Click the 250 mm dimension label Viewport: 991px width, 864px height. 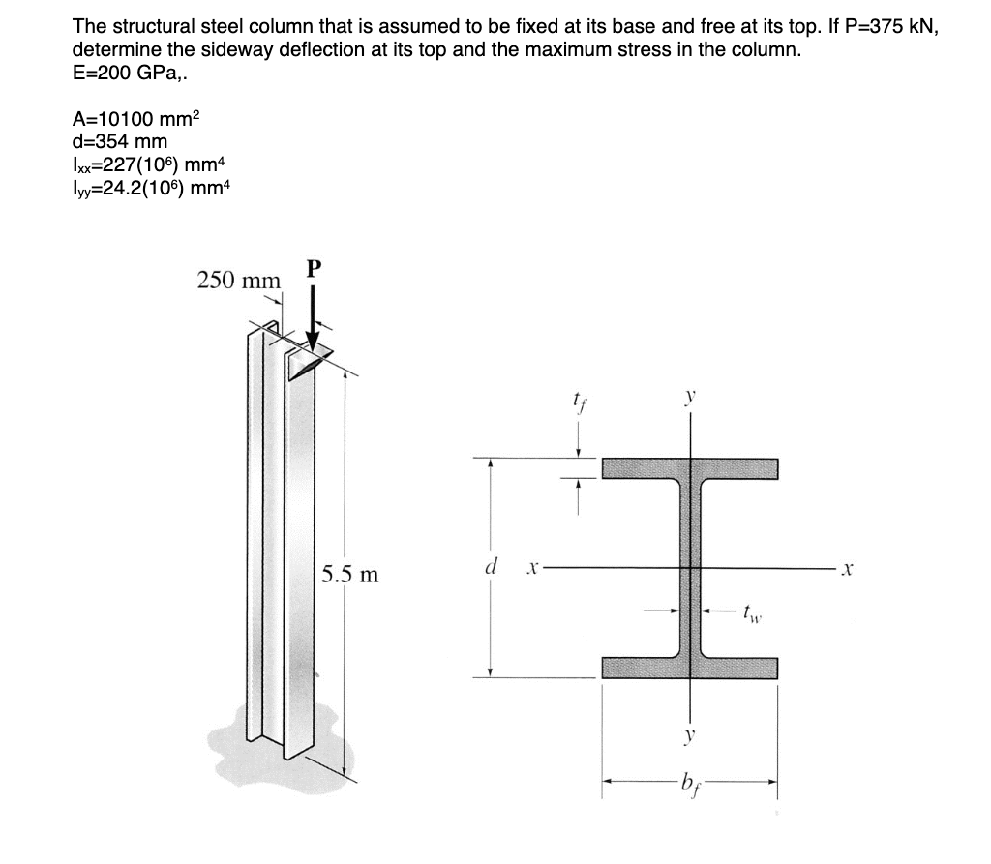pos(238,281)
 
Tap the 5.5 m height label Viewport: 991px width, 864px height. pos(349,575)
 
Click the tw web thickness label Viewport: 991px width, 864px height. pos(750,611)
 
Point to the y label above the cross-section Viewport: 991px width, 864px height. pos(691,397)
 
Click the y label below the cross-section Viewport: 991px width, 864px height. pos(690,735)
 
